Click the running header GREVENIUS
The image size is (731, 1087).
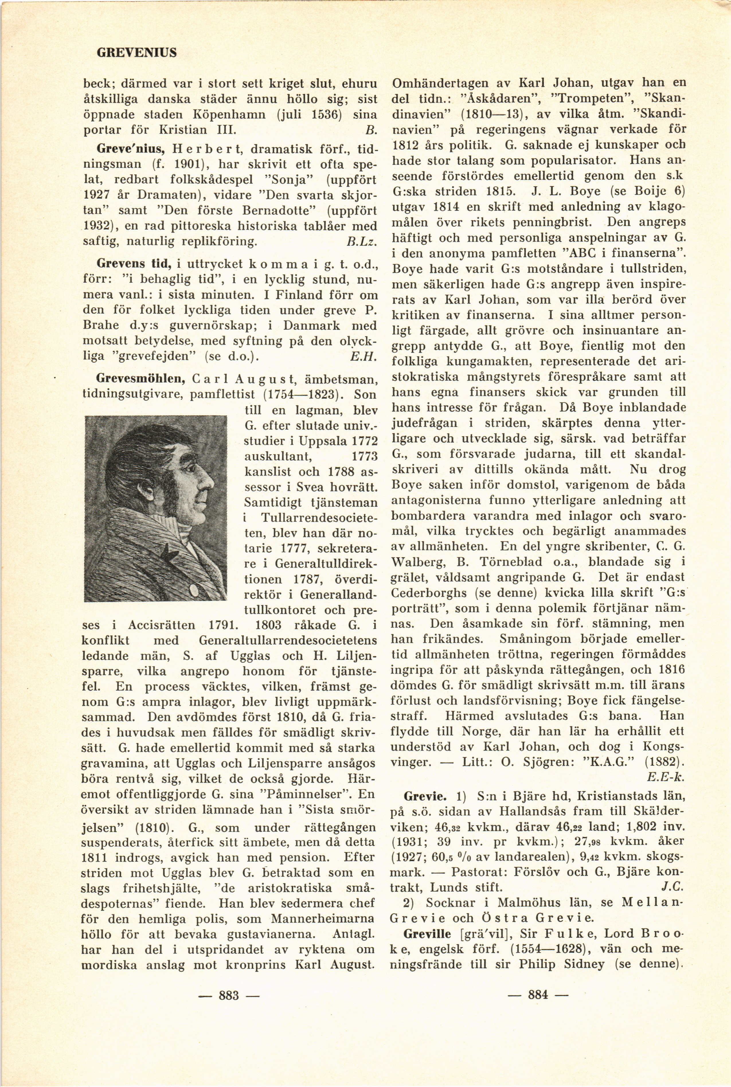[136, 53]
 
